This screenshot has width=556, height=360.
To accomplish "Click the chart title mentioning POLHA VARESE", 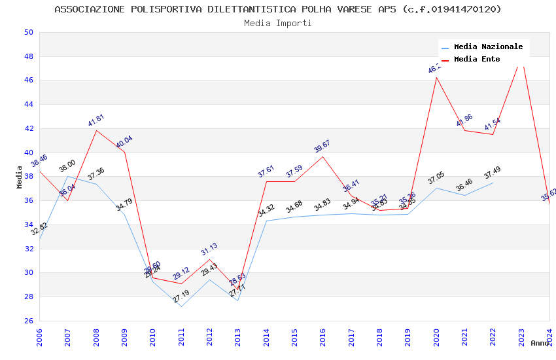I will point(278,9).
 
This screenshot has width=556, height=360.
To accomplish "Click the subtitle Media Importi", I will point(278,23).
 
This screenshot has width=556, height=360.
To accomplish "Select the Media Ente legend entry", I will point(477,60).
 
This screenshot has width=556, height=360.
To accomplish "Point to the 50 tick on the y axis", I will point(27,32).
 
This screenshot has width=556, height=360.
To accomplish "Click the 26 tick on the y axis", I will point(27,321).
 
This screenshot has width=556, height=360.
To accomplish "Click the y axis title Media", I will point(20,177).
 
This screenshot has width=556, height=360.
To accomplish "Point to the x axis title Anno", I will point(540,343).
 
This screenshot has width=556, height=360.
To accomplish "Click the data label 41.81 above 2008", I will point(96,120).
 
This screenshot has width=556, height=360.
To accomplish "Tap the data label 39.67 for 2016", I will point(322,147).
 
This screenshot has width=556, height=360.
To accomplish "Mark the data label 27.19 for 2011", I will point(181,297).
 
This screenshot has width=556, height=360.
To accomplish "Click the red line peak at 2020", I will point(436,77).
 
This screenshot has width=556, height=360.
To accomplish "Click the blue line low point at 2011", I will point(181,306).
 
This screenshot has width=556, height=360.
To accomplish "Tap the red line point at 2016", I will point(323,156).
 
